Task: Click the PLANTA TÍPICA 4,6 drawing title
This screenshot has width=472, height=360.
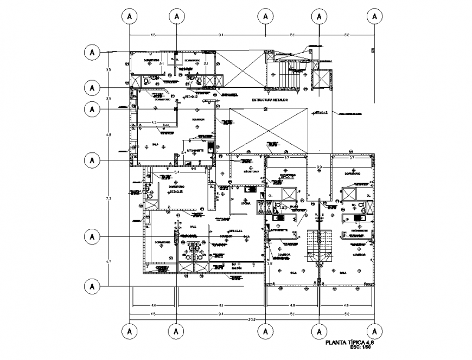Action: tap(349, 342)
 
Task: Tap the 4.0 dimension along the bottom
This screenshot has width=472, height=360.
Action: tap(154, 305)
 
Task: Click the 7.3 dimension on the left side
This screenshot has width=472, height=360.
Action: tap(109, 200)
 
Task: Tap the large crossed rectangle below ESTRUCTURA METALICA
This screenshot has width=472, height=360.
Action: tap(269, 131)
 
